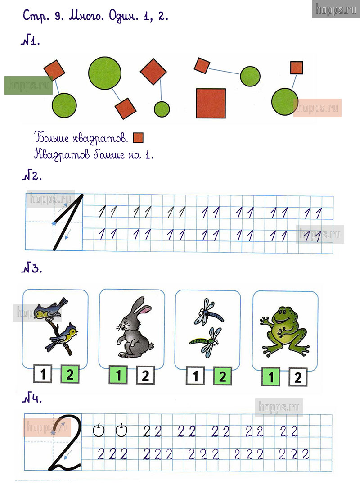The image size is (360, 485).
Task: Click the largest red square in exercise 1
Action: click(211, 103)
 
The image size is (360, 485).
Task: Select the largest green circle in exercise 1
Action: click(105, 73)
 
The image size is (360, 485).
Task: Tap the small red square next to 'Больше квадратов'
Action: click(138, 138)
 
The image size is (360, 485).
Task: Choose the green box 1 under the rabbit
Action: click(118, 375)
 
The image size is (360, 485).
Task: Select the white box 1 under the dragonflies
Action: click(195, 376)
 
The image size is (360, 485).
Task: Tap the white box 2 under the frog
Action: click(298, 377)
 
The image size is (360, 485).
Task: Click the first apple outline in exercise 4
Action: click(99, 430)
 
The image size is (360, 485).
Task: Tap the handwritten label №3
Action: click(32, 267)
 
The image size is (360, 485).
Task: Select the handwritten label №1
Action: click(31, 41)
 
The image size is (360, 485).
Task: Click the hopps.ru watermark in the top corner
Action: click(336, 9)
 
